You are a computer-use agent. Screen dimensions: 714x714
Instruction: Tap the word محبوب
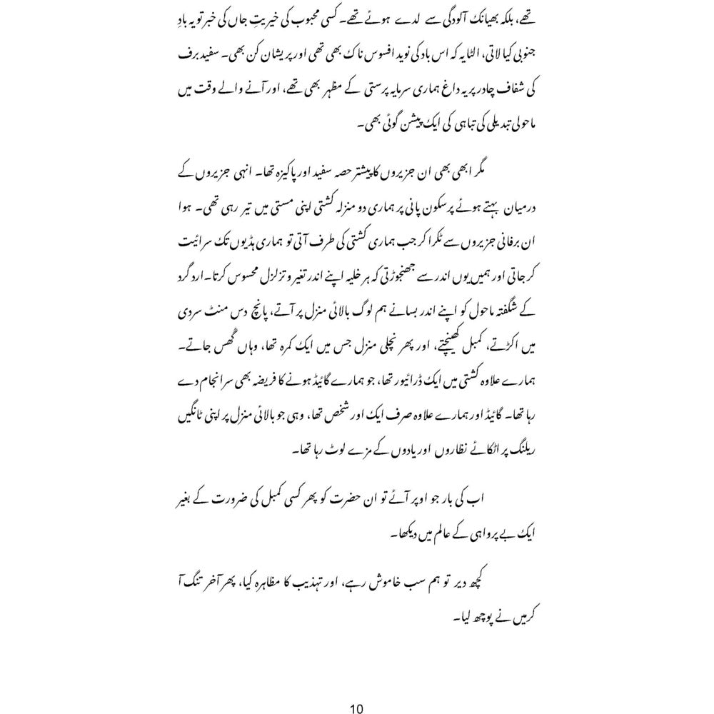pos(444,21)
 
